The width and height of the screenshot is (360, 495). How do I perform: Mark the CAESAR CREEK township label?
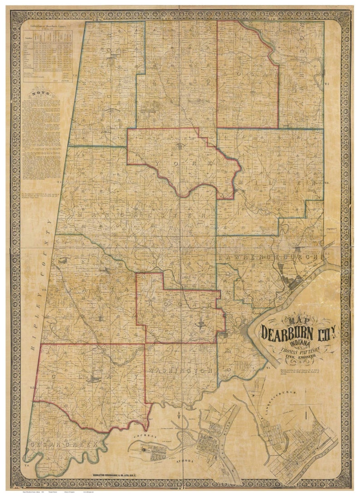[x=63, y=445]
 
